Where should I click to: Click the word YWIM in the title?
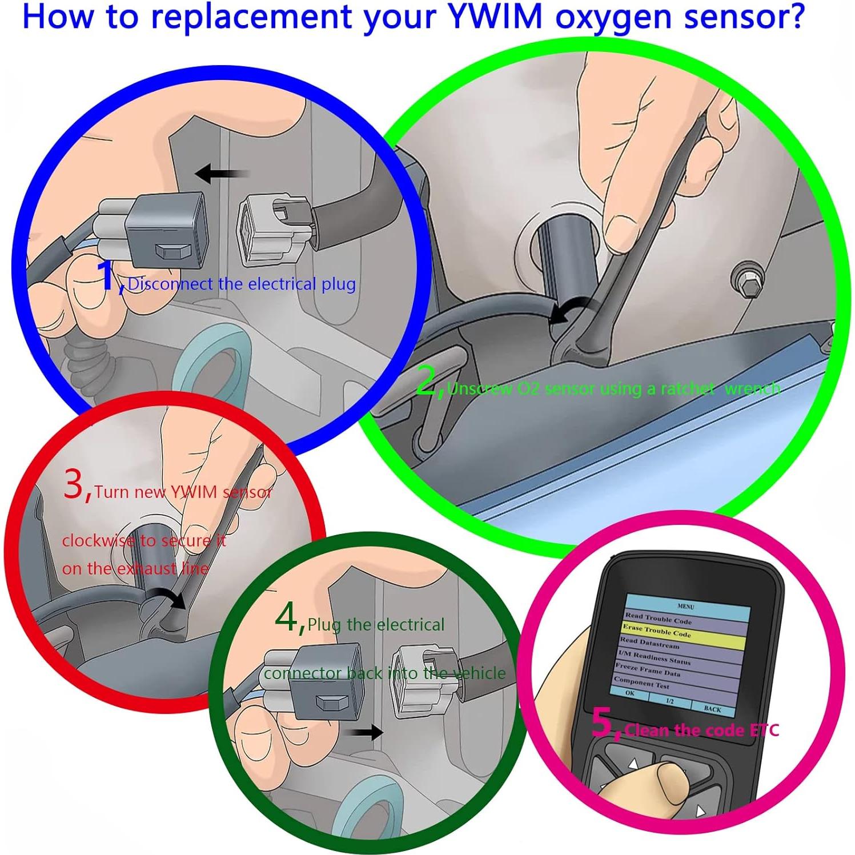[x=495, y=17]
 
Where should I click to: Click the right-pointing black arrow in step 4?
[x=366, y=732]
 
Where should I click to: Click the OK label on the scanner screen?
[x=629, y=693]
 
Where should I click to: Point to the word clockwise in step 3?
[x=98, y=540]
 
